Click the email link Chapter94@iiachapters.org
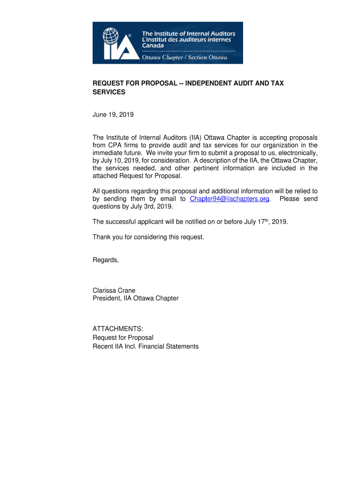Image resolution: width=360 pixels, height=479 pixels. (230, 199)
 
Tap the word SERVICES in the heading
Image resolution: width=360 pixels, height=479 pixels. (109, 92)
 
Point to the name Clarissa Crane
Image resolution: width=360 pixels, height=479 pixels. (114, 290)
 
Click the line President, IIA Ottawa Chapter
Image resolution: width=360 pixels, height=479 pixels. (136, 298)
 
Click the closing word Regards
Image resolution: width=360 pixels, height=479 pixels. (105, 260)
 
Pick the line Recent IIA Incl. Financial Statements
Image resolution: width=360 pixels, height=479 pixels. (145, 347)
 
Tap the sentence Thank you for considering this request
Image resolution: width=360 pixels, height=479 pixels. (148, 237)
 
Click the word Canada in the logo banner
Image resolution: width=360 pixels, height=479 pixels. (153, 46)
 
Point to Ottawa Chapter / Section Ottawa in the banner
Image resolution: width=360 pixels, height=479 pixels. (185, 58)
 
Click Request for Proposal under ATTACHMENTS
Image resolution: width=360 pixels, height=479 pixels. (123, 338)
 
